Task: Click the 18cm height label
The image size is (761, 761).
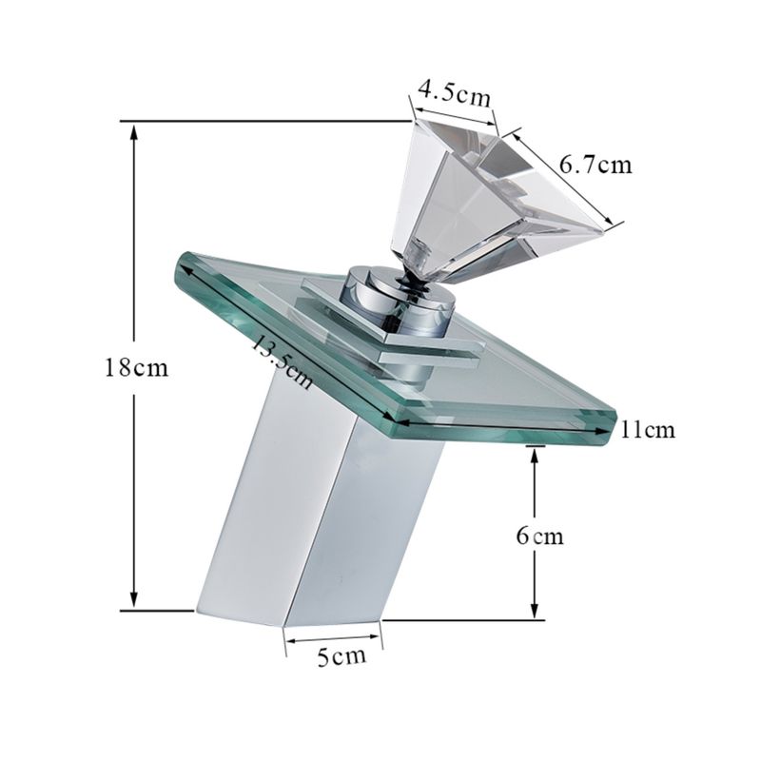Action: coord(137,368)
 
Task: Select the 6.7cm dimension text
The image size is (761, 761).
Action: coord(596,165)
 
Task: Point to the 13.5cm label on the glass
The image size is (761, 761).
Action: coord(282,362)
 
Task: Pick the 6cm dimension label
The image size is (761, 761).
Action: coord(539,537)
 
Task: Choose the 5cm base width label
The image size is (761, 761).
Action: coord(341,656)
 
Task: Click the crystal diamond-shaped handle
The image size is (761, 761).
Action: coord(500,204)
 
